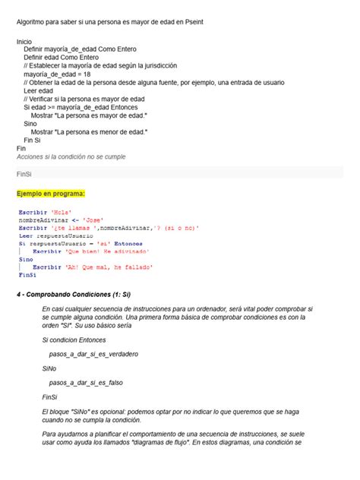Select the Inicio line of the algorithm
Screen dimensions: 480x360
point(24,42)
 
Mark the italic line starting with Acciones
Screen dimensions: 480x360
point(71,156)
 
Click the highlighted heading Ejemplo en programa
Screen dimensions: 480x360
point(51,194)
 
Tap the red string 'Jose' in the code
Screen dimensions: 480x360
point(93,219)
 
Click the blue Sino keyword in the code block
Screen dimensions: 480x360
point(25,259)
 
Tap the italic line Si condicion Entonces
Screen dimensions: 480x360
point(74,339)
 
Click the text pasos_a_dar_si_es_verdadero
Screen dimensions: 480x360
point(93,354)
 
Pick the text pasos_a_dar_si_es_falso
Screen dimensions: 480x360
point(85,383)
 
